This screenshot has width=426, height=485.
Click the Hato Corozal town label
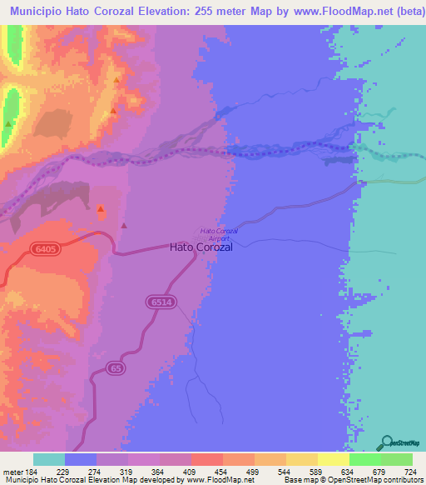tap(201, 247)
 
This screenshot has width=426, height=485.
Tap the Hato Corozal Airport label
tap(220, 233)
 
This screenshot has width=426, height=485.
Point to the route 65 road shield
tap(114, 367)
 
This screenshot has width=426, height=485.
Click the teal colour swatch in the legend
tap(49, 459)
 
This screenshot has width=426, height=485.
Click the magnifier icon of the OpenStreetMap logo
tap(386, 442)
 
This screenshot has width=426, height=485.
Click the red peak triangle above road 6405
tap(102, 208)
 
